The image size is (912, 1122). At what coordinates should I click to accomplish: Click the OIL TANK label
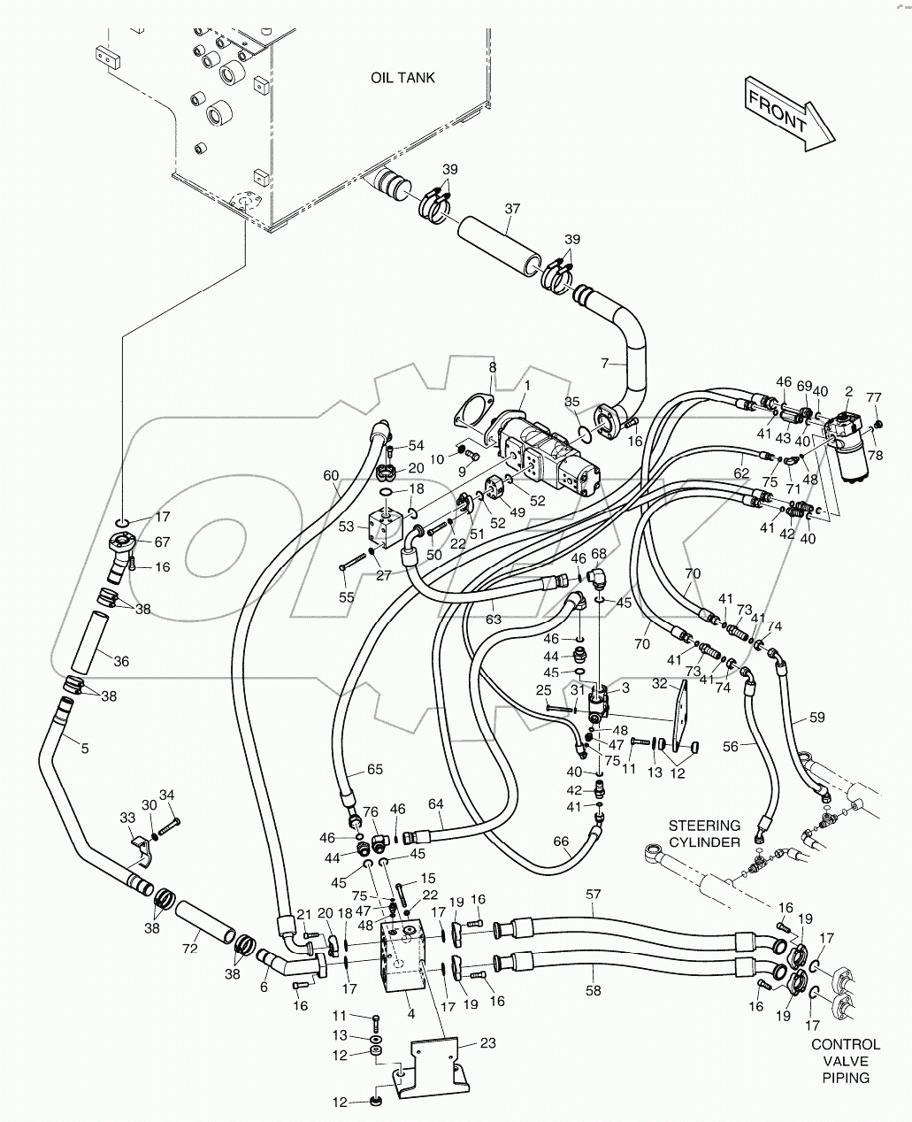(x=402, y=78)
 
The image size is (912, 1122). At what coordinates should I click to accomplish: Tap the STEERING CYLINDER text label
(x=704, y=834)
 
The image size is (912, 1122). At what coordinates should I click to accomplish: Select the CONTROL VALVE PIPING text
(x=846, y=1061)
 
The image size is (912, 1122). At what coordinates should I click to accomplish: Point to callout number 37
(x=512, y=210)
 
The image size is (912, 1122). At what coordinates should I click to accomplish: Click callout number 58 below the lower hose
(x=594, y=990)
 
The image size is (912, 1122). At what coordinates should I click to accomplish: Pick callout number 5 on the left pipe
(x=85, y=748)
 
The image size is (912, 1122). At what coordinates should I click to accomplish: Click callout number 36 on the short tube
(x=121, y=661)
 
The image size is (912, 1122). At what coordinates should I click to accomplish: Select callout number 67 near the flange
(x=162, y=542)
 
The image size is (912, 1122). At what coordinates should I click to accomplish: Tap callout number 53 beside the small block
(x=347, y=526)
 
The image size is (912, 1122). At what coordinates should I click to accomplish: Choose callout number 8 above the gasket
(x=493, y=366)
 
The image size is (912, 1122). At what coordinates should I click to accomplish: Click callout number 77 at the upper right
(x=873, y=397)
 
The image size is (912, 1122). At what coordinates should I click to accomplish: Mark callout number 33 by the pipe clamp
(x=128, y=818)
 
